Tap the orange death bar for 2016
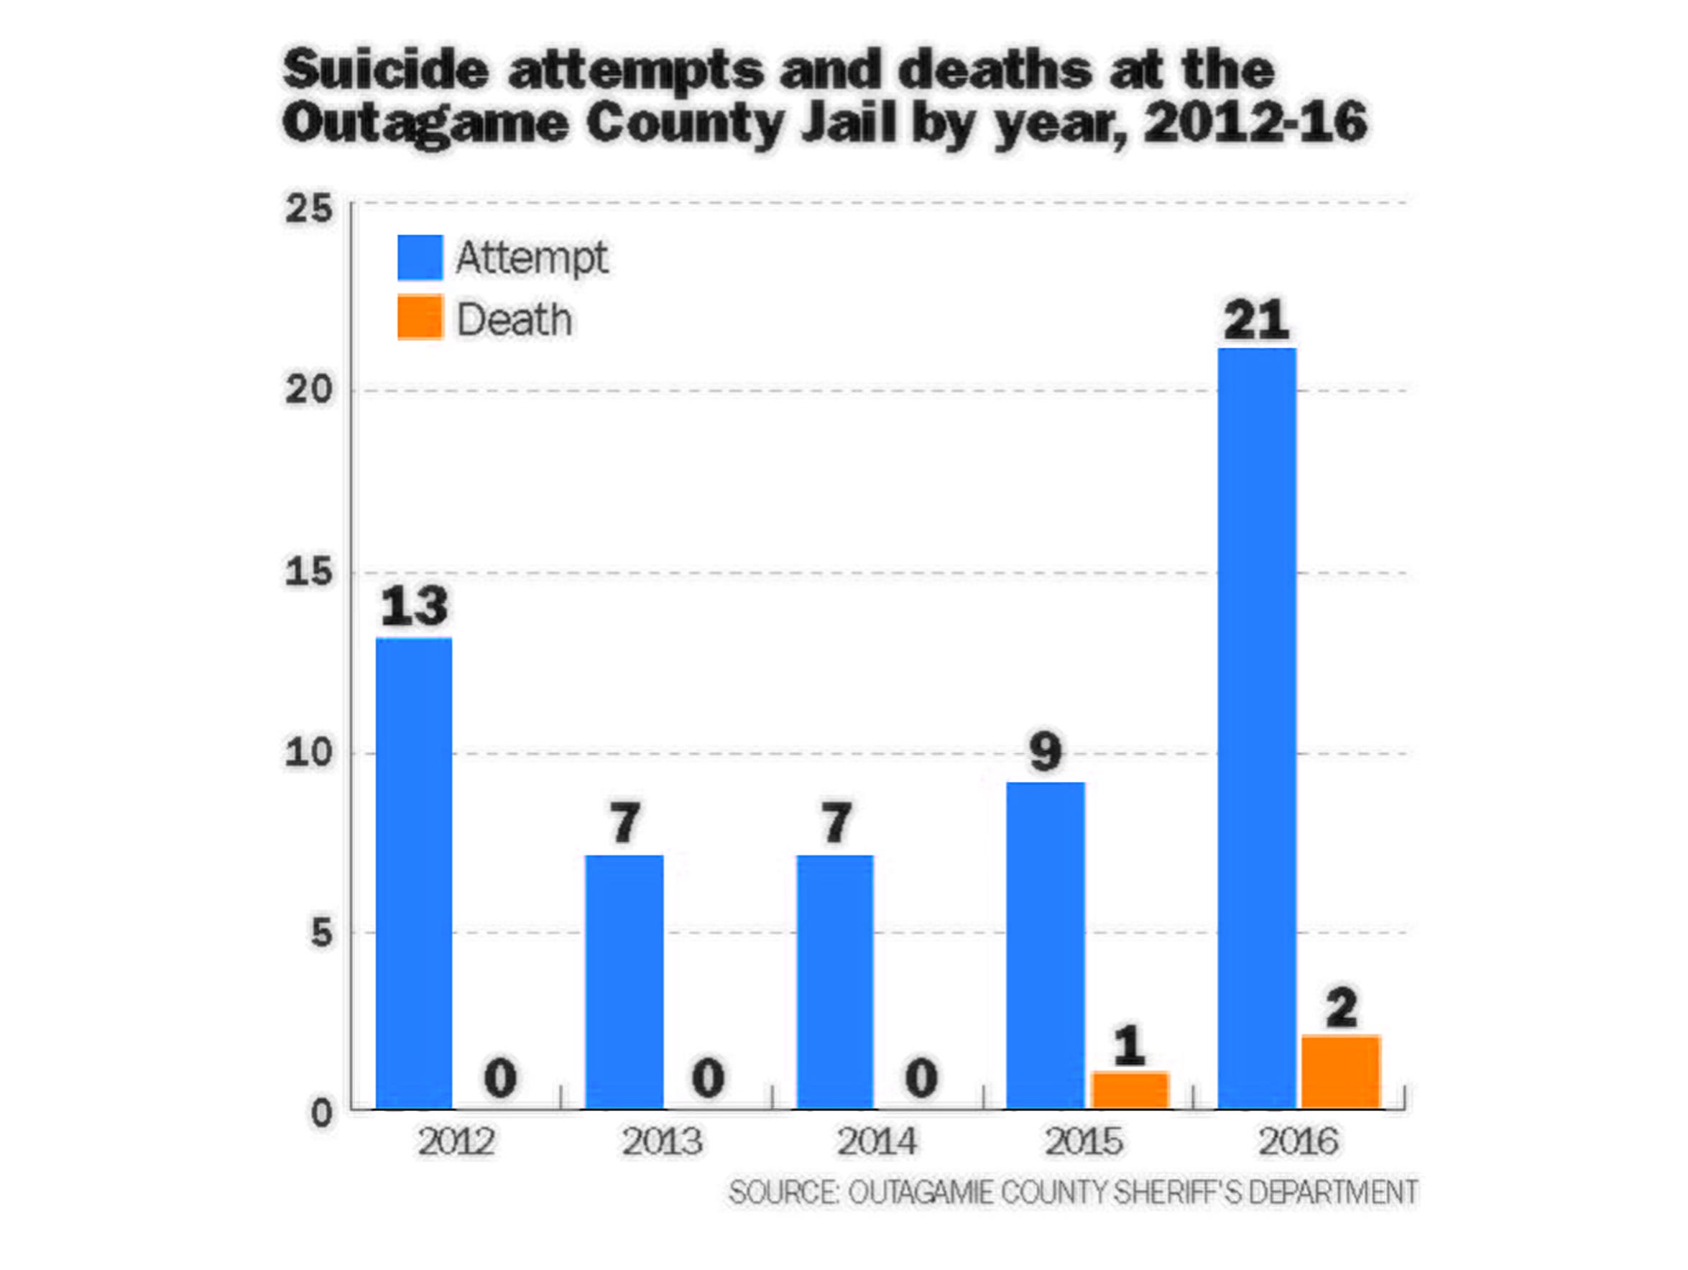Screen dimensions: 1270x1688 [1341, 1072]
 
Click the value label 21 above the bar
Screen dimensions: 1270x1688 [1256, 321]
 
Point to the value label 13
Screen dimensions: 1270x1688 [414, 607]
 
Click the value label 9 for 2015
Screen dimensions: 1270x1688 [1046, 752]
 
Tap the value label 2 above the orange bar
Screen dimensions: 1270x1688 [1341, 1008]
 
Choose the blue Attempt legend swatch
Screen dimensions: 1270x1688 [420, 257]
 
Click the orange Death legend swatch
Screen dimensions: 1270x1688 [420, 317]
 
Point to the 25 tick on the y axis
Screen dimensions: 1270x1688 [309, 208]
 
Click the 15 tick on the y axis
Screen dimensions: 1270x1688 [309, 571]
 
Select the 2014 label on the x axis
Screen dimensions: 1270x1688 [876, 1142]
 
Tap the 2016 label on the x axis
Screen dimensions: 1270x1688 [1298, 1142]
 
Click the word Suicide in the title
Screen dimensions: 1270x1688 [385, 70]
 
